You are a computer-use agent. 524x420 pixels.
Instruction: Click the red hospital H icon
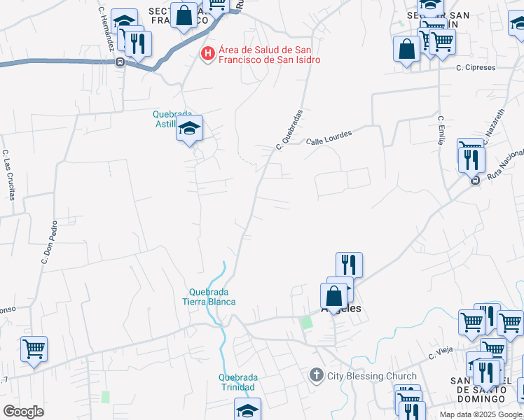coord(207,53)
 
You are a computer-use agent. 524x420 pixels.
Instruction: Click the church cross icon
coord(316,376)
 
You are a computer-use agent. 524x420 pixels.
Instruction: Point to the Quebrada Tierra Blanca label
coord(212,297)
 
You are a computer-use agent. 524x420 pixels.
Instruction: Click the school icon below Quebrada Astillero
coord(189,128)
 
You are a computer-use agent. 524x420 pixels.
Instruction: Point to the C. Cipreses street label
coord(476,68)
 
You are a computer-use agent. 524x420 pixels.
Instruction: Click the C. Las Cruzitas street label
coord(8,174)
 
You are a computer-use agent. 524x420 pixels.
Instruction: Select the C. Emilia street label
coord(441,130)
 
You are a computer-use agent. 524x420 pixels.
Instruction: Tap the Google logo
coord(23,411)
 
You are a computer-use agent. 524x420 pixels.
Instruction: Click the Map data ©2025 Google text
coord(481,414)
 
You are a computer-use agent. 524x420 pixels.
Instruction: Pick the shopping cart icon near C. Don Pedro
coord(34,347)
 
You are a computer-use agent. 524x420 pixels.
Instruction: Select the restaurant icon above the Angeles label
coord(349,265)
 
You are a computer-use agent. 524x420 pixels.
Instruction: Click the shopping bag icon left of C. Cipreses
coord(406,49)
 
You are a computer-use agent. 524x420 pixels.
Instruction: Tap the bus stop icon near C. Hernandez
coord(120,62)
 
